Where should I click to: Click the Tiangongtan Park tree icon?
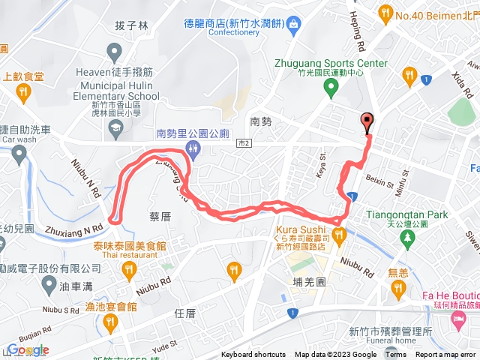coord(407,238)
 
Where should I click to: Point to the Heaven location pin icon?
coord(114,52)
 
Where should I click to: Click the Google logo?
coord(28,350)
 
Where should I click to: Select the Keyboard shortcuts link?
coord(253,355)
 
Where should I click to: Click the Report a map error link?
coord(447,355)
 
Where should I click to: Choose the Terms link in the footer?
coord(396,355)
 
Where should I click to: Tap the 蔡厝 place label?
coord(160,216)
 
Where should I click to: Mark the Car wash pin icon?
coord(19,154)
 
